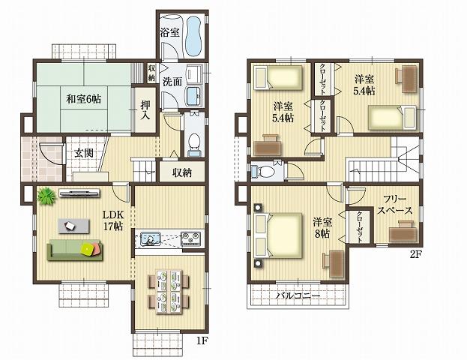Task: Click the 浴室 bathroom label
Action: click(x=169, y=33)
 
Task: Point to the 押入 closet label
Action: click(x=145, y=109)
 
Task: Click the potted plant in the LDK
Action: click(x=46, y=196)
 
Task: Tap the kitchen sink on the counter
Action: click(x=148, y=241)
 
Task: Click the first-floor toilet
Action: click(x=193, y=142)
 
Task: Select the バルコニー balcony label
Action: click(x=298, y=295)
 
